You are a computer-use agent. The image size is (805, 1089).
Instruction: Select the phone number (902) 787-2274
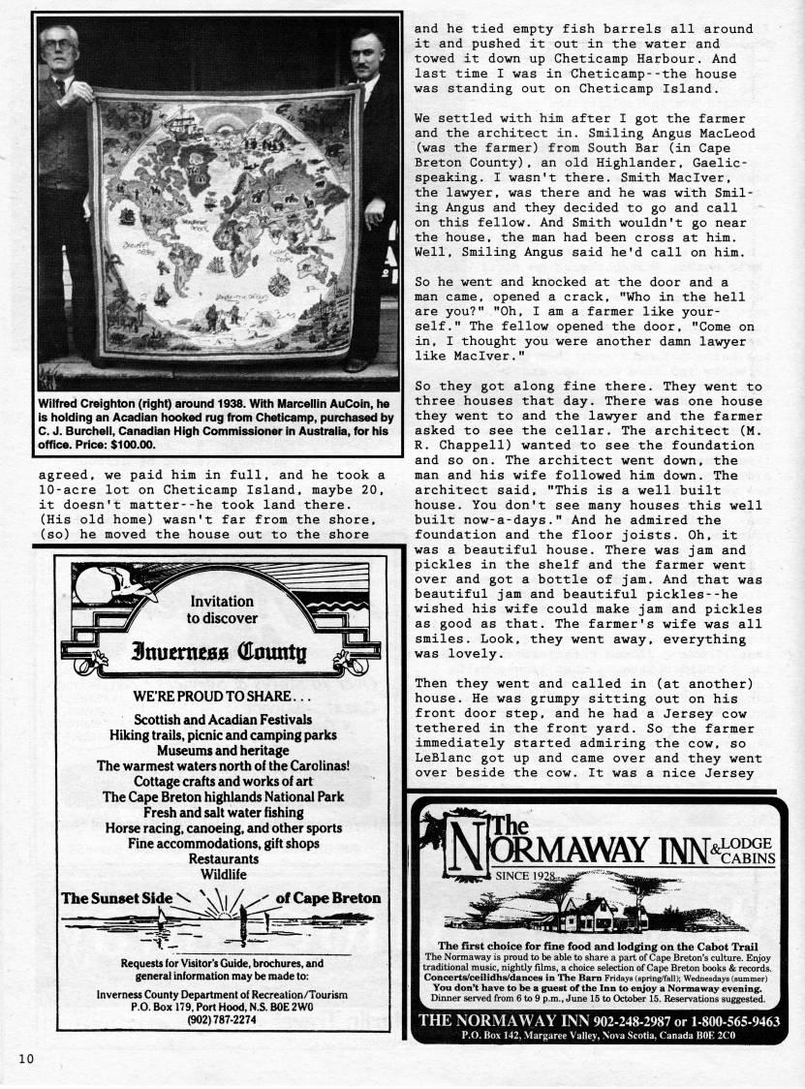(x=222, y=1019)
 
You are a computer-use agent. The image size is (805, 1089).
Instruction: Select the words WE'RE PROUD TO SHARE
(x=222, y=697)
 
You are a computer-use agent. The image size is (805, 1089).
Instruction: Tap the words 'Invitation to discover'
(x=222, y=608)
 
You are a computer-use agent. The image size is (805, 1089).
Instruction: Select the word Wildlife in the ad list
(x=223, y=875)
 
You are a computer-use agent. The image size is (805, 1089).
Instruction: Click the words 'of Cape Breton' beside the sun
(x=327, y=898)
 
